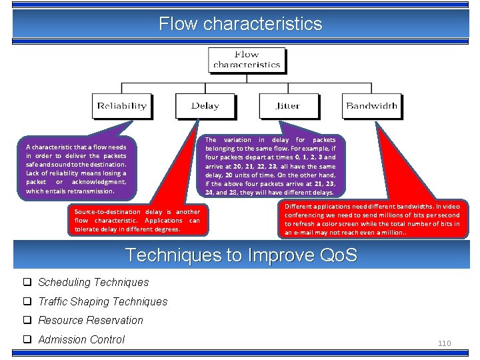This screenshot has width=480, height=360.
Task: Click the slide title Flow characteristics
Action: point(240,25)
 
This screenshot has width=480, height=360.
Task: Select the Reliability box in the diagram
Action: point(121,106)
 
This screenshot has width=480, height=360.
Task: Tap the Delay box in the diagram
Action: point(205,106)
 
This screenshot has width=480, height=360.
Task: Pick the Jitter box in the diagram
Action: point(288,106)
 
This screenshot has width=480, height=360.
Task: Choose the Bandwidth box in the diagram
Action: point(371,106)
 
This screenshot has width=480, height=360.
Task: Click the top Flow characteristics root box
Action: point(247,60)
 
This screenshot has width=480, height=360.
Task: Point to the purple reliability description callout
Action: point(76,169)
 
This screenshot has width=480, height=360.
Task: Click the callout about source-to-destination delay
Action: point(137,220)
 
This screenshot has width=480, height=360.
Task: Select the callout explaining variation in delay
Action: point(271,167)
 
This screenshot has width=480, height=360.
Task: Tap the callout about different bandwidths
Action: point(372,219)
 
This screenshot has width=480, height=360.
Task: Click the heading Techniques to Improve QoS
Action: point(241,255)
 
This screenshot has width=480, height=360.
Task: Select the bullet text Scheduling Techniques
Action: point(93,282)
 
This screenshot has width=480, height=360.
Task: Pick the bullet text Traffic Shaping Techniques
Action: point(103,301)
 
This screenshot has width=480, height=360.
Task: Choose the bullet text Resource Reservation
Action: point(91,320)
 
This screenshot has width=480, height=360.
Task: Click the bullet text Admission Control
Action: point(81,339)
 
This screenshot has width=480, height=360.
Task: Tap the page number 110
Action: point(444,343)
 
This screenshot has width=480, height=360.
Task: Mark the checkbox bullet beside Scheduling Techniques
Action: point(29,282)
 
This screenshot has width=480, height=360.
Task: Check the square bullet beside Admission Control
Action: point(29,339)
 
